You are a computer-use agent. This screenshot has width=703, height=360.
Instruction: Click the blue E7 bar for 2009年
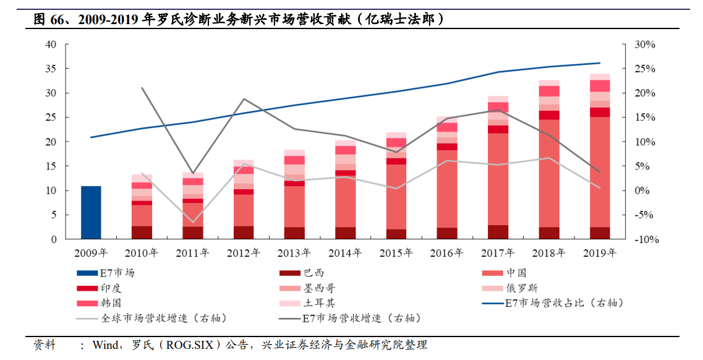(x=91, y=212)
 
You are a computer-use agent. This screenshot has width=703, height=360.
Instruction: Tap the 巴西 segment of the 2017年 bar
(x=498, y=232)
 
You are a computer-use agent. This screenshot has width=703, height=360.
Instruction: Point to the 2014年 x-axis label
(x=345, y=253)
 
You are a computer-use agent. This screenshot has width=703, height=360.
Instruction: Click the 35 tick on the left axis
(x=51, y=69)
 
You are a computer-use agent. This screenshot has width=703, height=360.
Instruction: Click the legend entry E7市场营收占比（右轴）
(x=563, y=303)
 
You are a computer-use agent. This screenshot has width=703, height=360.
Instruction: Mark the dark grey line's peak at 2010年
(x=142, y=88)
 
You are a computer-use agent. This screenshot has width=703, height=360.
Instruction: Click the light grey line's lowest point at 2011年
(x=193, y=222)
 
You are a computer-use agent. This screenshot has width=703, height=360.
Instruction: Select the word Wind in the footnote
(x=106, y=345)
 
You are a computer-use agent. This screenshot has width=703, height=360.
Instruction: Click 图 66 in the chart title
(x=49, y=19)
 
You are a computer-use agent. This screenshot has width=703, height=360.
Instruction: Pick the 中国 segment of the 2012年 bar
(x=244, y=210)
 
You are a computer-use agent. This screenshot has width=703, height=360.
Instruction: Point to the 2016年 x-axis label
(x=447, y=253)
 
